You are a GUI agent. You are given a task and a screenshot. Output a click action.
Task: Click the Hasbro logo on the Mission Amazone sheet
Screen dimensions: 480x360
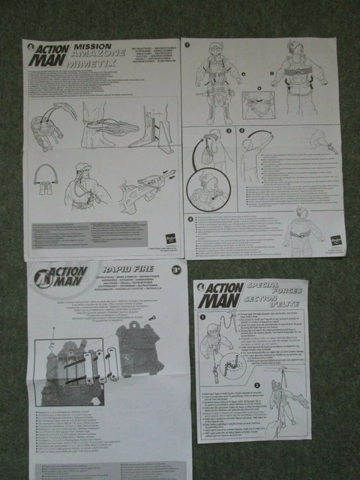[170, 238]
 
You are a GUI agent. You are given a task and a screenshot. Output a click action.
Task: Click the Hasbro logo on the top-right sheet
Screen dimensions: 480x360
[334, 240]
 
